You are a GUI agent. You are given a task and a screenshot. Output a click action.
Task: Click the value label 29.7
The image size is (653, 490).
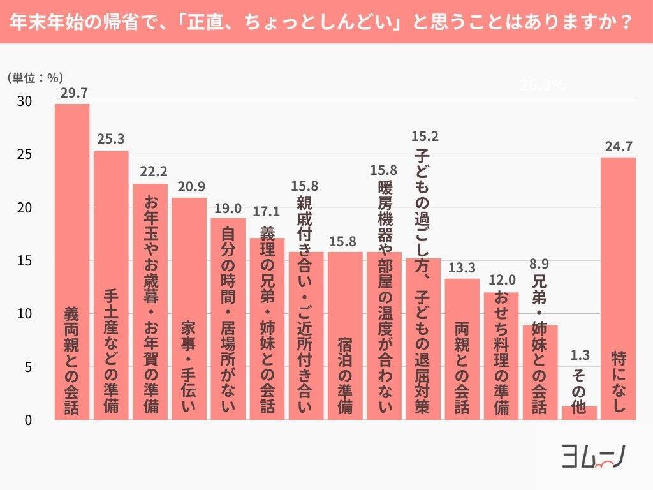pos(72,93)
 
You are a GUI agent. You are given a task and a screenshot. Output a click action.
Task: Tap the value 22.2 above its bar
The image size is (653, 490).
pos(150,172)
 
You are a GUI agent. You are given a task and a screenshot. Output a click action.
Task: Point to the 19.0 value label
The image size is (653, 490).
pos(228,207)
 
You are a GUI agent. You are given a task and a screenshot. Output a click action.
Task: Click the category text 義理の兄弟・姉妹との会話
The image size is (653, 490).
pos(267,319)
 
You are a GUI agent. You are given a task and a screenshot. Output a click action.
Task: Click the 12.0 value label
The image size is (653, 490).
pos(501,281)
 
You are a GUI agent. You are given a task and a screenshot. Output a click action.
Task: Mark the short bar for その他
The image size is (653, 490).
pos(579,413)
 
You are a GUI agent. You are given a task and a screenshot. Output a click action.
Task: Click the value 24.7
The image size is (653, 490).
pos(618,147)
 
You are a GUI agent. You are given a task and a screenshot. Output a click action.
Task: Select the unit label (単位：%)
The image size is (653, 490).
pos(34,78)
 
